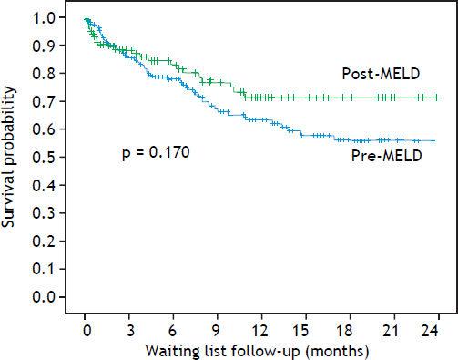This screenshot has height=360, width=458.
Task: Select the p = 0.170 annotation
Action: pyautogui.click(x=156, y=152)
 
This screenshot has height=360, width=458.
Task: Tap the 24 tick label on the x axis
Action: pyautogui.click(x=437, y=328)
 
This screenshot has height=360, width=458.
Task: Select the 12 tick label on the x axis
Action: pyautogui.click(x=261, y=328)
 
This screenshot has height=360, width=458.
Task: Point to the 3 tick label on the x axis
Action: pyautogui.click(x=129, y=328)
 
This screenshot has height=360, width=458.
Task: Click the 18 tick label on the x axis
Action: pyautogui.click(x=349, y=328)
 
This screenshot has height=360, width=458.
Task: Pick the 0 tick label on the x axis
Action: pyautogui.click(x=86, y=328)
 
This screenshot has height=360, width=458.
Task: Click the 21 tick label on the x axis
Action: pyautogui.click(x=392, y=328)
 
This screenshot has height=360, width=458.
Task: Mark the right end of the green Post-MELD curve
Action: pyautogui.click(x=437, y=97)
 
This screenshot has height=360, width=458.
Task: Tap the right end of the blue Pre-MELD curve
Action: pyautogui.click(x=433, y=140)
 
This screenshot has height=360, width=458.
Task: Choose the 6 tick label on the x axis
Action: pyautogui.click(x=173, y=328)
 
